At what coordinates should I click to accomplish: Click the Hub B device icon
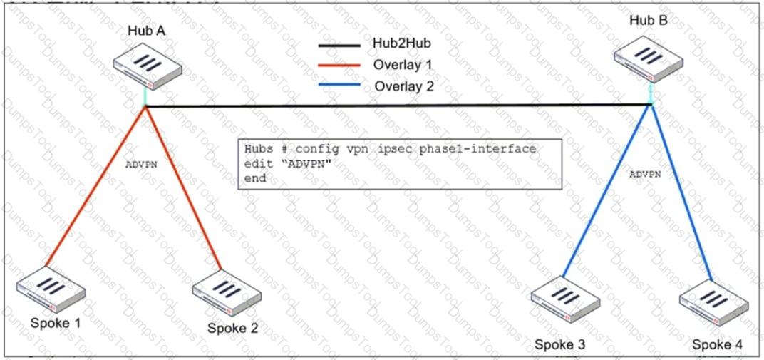tap(649, 56)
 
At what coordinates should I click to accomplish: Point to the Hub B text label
tap(649, 20)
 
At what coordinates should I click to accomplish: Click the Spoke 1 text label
tap(56, 324)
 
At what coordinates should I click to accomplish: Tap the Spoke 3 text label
tap(560, 346)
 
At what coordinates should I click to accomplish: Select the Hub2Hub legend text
tap(401, 43)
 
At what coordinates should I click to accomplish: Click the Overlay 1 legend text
tap(403, 65)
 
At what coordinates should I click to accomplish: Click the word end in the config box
tap(254, 178)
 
